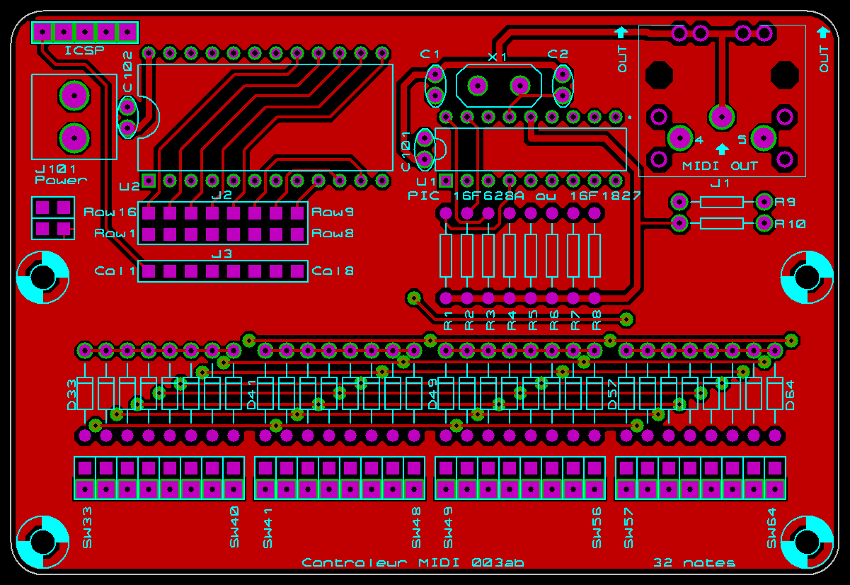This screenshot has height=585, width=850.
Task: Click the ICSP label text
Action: coord(84,50)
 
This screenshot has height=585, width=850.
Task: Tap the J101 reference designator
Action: coord(56,169)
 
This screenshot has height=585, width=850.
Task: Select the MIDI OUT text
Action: coord(720,166)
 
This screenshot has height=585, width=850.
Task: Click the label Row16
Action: coord(110,212)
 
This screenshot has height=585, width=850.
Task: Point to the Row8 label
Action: coord(333,233)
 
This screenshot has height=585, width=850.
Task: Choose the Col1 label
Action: coord(115,271)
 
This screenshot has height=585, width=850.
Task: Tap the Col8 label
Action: coord(333,271)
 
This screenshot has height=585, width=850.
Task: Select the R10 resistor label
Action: coord(790,224)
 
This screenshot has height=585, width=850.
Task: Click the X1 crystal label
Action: coord(498,57)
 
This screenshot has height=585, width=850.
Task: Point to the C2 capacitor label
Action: coord(558,54)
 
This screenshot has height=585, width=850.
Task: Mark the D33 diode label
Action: coord(71,394)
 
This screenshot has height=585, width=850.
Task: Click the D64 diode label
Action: coord(790,394)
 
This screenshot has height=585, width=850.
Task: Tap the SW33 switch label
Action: coord(88,528)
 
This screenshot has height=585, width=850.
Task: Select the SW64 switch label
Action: coord(772,528)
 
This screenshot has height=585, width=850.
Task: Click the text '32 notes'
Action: coord(694,563)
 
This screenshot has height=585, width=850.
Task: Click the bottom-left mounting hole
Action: coord(42,542)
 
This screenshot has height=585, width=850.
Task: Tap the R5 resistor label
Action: coord(533,319)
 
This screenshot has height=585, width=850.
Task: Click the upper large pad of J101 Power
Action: coord(74,96)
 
